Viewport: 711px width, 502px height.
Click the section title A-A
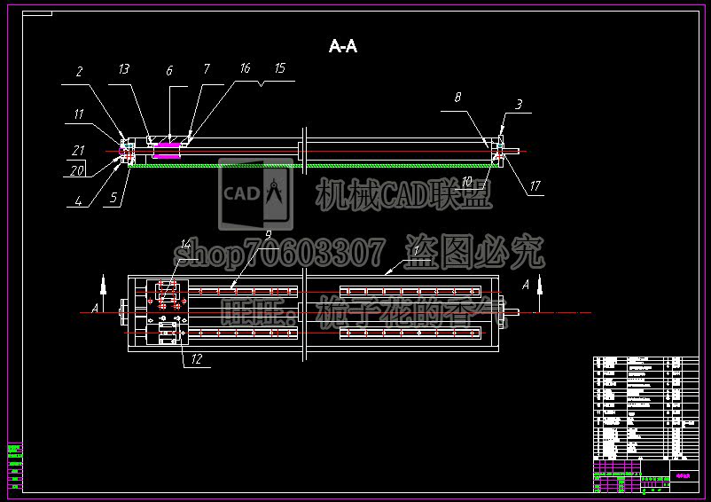tap(342, 46)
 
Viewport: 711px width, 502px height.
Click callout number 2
tap(79, 73)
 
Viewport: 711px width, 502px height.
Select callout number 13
tap(123, 69)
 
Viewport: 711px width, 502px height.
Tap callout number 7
tap(207, 69)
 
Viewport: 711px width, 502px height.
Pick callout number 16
tap(245, 68)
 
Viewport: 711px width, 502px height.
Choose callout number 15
tap(279, 68)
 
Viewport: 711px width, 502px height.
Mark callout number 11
tap(79, 114)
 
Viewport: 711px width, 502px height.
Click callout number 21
tap(79, 150)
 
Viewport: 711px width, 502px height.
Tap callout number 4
tap(79, 200)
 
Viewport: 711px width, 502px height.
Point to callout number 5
tap(113, 200)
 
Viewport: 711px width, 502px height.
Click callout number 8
tap(458, 98)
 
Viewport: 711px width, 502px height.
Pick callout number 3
tap(519, 105)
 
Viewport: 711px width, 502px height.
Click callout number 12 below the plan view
tap(196, 359)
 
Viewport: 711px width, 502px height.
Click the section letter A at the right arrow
tap(526, 285)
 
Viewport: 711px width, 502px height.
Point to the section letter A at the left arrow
tap(94, 310)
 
